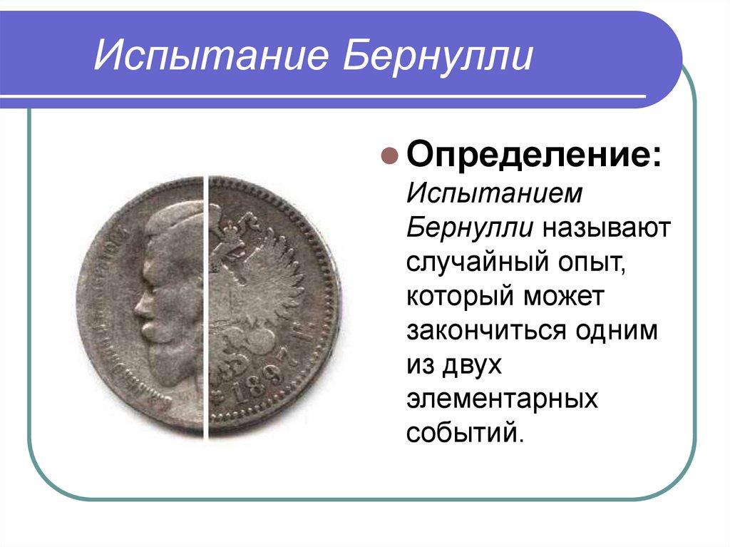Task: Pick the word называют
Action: tap(606, 228)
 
